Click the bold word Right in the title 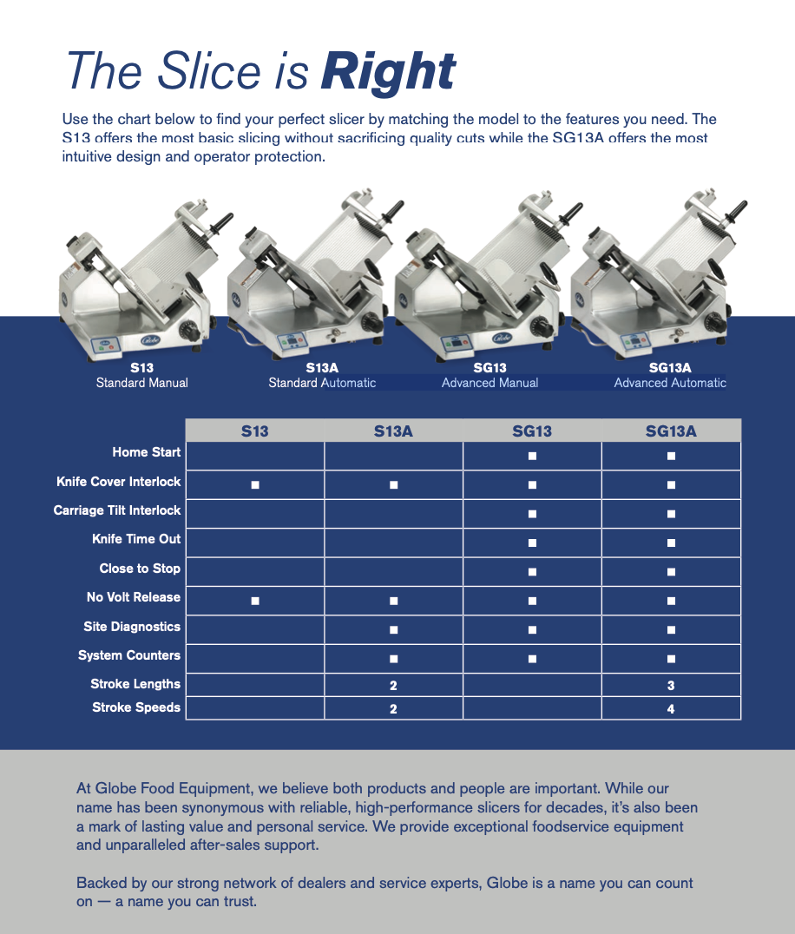tap(388, 72)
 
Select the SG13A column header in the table tap(671, 431)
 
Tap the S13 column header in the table tap(255, 431)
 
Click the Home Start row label tap(146, 452)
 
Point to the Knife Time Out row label tap(136, 539)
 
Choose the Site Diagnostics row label tap(132, 627)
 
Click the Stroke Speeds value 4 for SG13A tap(671, 708)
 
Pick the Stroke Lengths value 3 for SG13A tap(671, 686)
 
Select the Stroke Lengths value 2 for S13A tap(393, 686)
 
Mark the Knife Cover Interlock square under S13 tap(255, 484)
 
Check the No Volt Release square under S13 tap(255, 601)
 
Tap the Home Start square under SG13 tap(532, 456)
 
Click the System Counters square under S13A tap(393, 659)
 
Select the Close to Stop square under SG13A tap(671, 572)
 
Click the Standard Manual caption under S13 tap(141, 383)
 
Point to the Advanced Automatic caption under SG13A tap(670, 383)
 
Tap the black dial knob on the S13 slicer tap(190, 331)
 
